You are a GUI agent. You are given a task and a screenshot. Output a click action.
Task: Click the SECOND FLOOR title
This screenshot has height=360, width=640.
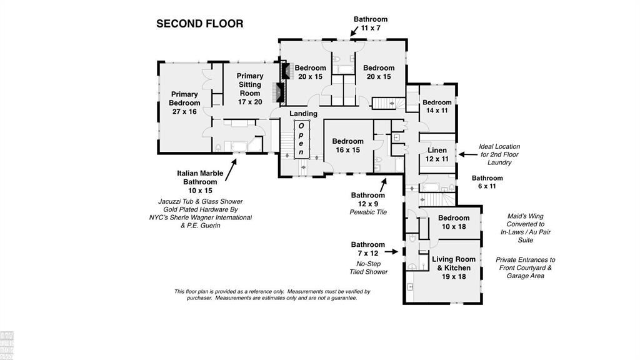[x=199, y=24]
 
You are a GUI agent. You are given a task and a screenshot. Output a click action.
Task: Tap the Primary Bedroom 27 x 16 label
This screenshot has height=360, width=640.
[x=184, y=103]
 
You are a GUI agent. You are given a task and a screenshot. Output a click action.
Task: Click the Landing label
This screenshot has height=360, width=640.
[x=303, y=114]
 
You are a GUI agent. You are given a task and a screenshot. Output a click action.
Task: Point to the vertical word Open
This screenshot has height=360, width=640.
[x=301, y=139]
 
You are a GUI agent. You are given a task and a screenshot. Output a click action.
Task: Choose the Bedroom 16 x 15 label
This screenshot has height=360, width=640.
[x=347, y=146]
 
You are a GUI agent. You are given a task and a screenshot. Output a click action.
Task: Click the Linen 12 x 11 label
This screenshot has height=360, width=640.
[x=437, y=154]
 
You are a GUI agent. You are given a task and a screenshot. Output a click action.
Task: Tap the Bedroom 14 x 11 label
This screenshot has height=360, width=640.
[x=437, y=106]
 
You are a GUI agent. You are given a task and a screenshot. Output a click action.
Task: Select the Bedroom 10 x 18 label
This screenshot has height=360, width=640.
[x=454, y=222]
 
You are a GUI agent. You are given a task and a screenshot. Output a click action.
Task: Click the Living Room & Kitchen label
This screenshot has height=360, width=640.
[x=454, y=267]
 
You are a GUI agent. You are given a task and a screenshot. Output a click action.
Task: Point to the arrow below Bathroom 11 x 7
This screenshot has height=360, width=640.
[x=354, y=31]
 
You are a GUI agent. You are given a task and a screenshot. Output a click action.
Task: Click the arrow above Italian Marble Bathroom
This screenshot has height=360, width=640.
[x=231, y=170]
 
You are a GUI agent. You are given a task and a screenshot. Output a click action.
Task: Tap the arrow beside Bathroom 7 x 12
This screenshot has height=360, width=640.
[x=391, y=251]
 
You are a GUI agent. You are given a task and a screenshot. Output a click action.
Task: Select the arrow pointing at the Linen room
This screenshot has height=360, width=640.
[x=467, y=155]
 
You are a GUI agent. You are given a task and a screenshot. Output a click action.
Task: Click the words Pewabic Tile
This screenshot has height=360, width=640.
[x=368, y=212]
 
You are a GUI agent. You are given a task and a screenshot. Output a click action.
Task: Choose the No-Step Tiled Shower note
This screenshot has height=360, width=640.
[x=368, y=267]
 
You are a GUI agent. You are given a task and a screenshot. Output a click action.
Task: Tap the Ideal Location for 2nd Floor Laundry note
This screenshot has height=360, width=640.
[x=499, y=154]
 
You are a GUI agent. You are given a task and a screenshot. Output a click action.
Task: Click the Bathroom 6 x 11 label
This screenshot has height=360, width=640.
[x=487, y=182]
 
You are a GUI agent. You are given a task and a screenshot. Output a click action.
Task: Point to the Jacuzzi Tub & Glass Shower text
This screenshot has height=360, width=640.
[x=201, y=201]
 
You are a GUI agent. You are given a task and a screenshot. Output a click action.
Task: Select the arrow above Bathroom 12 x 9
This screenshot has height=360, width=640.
[x=383, y=185]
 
